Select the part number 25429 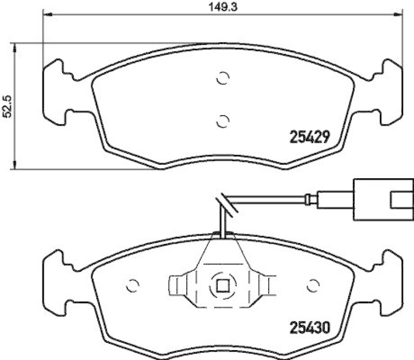pyautogui.click(x=308, y=137)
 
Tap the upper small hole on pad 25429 pyautogui.click(x=222, y=78)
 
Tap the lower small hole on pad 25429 pyautogui.click(x=222, y=121)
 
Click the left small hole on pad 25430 pyautogui.click(x=132, y=285)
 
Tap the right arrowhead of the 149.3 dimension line pyautogui.click(x=399, y=15)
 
